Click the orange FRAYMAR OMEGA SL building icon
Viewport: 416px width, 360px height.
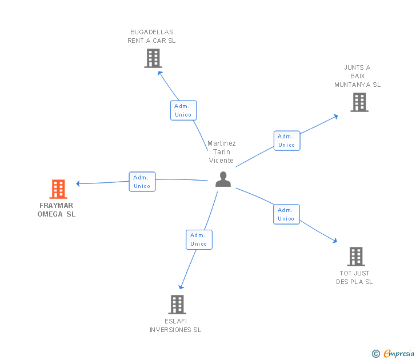(58, 189)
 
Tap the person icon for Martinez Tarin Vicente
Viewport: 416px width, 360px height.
(223, 179)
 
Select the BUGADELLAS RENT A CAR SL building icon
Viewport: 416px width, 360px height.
(153, 58)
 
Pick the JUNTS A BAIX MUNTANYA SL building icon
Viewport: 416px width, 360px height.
(359, 102)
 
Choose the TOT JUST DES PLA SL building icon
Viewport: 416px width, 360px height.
(355, 257)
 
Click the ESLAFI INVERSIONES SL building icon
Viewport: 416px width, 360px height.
(177, 304)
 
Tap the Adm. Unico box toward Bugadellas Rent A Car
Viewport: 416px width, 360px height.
(183, 110)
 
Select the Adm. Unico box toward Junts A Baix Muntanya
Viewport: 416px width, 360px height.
(286, 141)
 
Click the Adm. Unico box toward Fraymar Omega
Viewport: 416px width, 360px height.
(142, 182)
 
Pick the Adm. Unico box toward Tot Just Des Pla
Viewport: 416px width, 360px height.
(286, 214)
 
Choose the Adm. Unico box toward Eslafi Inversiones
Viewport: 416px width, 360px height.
(199, 239)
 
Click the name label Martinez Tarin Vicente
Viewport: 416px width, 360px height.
(221, 152)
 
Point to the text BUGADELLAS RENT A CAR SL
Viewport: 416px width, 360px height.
(151, 37)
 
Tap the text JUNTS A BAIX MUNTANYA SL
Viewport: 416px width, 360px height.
(357, 76)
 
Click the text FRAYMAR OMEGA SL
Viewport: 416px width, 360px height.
(57, 210)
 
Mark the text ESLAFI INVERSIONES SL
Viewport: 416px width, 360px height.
(175, 325)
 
